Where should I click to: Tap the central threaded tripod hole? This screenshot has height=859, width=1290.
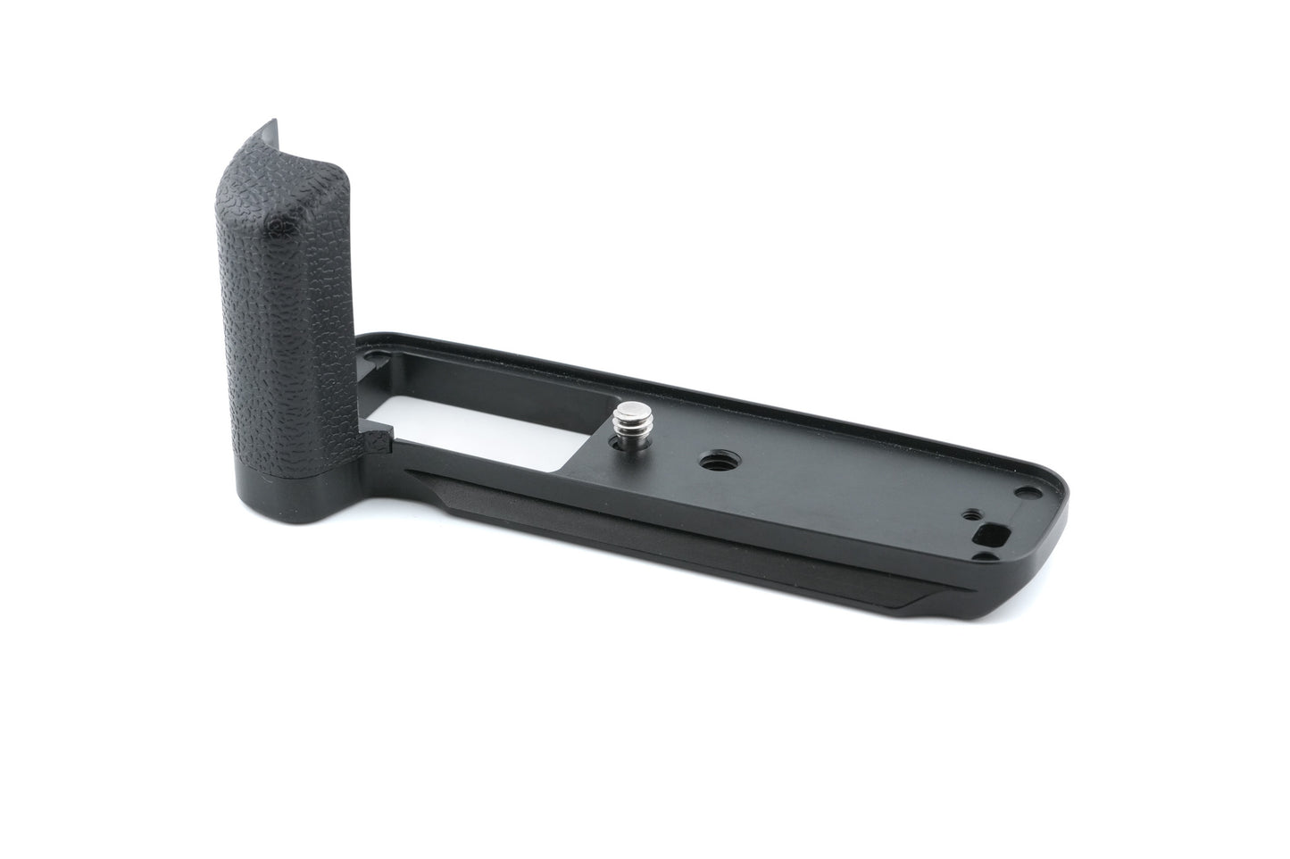[x=714, y=463]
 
